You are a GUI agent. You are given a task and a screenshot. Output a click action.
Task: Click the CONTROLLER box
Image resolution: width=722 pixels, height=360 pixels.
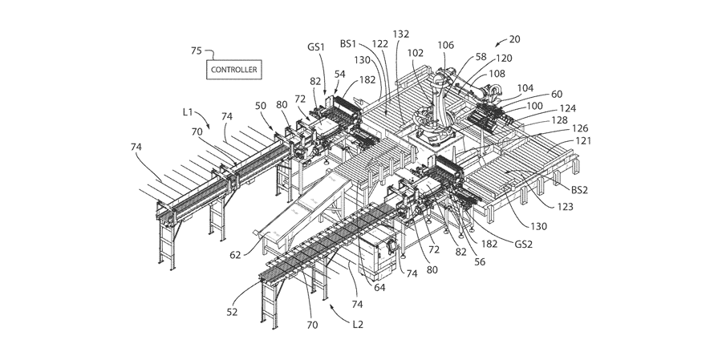(x=234, y=70)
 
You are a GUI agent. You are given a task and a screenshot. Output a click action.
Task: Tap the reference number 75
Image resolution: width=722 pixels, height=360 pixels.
(x=197, y=51)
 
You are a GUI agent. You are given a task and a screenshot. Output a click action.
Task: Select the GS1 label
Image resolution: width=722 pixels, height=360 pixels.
(x=316, y=47)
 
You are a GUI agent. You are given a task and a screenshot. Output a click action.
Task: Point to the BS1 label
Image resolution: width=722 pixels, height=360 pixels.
(x=348, y=44)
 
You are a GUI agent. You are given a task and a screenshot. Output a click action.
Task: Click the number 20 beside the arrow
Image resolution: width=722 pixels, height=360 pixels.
(x=515, y=39)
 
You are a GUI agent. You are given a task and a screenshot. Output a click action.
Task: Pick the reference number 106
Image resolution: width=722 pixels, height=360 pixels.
(x=446, y=45)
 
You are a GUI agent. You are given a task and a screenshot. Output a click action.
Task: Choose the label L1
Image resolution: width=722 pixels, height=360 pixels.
(x=188, y=112)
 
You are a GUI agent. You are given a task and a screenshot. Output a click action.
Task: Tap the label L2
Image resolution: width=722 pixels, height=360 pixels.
(x=358, y=325)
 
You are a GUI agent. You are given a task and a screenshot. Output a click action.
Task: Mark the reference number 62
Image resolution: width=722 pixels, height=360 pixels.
(x=235, y=255)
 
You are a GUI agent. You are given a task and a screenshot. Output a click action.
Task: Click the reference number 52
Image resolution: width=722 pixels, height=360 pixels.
(x=232, y=312)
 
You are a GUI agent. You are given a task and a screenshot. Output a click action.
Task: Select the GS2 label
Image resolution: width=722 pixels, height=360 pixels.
(x=524, y=245)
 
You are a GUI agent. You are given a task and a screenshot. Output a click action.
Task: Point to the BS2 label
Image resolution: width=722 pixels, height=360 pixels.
(x=579, y=190)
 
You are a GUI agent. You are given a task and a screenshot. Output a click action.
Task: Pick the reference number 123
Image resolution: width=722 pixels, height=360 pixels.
(x=565, y=207)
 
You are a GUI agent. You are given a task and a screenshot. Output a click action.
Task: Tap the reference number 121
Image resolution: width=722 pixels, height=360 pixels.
(x=583, y=141)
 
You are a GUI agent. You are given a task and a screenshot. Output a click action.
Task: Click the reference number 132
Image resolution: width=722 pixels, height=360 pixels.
(x=401, y=34)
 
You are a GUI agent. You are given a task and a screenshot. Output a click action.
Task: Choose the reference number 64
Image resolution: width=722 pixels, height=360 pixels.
(x=380, y=288)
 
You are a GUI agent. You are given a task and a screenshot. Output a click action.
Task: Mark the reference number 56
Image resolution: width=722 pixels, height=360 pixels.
(x=480, y=262)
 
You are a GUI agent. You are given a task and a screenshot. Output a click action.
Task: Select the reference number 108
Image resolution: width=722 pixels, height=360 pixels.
(x=497, y=74)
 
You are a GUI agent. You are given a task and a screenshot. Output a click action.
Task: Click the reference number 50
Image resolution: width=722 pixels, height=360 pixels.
(x=261, y=106)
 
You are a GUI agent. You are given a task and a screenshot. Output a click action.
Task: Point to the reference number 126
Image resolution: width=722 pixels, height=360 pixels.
(x=580, y=128)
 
